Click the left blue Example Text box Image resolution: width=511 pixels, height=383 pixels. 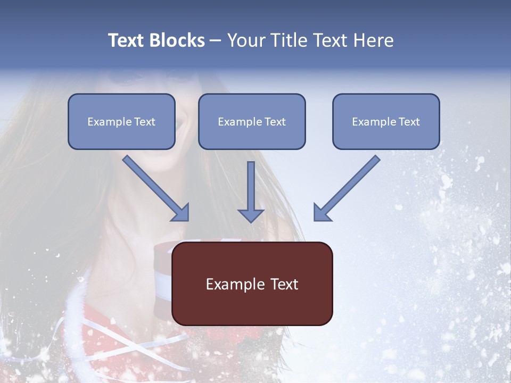tap(121, 121)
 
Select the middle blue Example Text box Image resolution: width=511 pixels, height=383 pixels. tap(252, 121)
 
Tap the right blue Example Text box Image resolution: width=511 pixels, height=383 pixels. tap(386, 121)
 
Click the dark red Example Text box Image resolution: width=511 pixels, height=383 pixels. tap(252, 284)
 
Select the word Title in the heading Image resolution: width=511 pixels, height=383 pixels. tap(290, 40)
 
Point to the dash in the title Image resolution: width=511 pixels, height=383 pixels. tap(216, 41)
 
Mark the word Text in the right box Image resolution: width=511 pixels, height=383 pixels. tap(409, 122)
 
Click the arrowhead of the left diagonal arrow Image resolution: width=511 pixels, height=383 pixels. tap(180, 212)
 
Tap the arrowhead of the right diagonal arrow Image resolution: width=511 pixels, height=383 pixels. tap(322, 212)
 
